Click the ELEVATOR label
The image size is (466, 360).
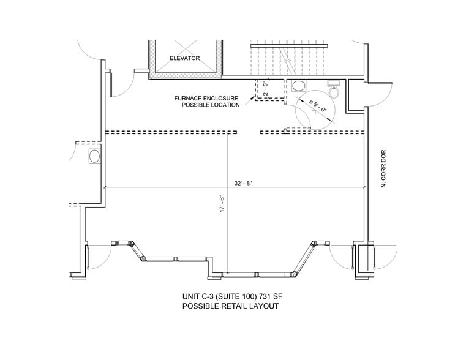point(185,58)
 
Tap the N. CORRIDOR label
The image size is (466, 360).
point(384,168)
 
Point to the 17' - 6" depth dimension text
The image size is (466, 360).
point(222,203)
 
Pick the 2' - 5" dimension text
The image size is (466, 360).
point(266,89)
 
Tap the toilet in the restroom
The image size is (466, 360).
point(334,90)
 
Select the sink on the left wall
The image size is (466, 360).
point(95,157)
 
